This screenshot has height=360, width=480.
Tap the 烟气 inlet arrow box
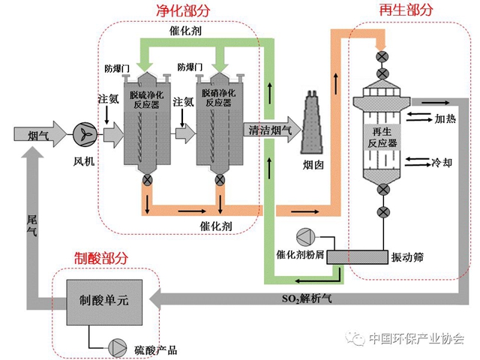point(37,134)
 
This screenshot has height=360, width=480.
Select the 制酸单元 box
point(104,300)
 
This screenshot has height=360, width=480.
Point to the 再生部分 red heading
point(406,10)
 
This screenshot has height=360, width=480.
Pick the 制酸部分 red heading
point(101,257)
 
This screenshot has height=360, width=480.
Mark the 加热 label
point(445,118)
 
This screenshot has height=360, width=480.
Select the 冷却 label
point(442,161)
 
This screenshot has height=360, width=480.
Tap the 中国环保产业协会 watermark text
point(417,339)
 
